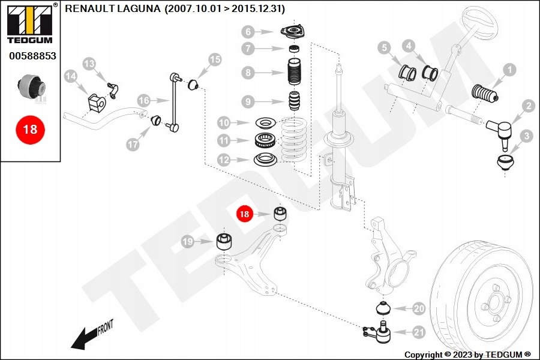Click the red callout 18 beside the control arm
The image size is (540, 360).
tap(244, 214)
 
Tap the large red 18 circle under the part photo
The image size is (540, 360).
tap(30, 129)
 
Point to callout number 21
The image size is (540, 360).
tap(418, 332)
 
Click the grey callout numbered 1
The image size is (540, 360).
tap(509, 70)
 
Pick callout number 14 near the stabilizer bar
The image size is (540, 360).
tap(71, 76)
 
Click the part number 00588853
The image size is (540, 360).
tap(32, 55)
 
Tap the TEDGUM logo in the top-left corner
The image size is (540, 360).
tap(29, 22)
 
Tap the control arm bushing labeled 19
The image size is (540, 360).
tap(224, 242)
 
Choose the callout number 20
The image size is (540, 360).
tap(418, 308)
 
